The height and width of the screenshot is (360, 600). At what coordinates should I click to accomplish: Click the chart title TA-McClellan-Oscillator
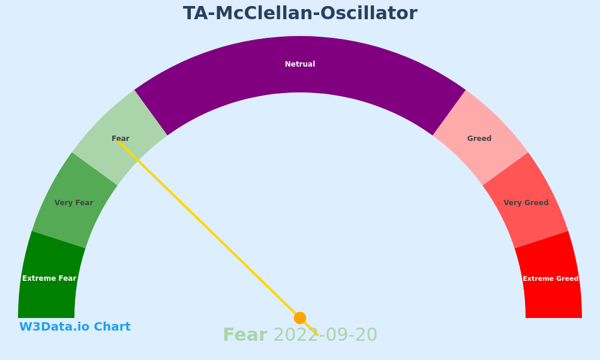[300, 13]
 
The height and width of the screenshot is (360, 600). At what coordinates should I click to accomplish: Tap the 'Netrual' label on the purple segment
[300, 64]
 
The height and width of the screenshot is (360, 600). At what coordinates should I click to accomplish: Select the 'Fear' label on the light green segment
[121, 139]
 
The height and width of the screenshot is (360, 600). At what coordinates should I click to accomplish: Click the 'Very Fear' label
[74, 203]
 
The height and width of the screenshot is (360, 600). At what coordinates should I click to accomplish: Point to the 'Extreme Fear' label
[49, 278]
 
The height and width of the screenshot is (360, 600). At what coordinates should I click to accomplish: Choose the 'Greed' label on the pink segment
[479, 139]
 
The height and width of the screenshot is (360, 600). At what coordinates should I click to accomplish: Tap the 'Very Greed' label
[526, 203]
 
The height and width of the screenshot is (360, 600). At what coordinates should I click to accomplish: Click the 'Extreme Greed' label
[551, 278]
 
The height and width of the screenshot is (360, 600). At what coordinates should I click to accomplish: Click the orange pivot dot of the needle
[300, 318]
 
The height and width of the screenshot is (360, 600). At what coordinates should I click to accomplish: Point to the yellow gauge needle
[218, 238]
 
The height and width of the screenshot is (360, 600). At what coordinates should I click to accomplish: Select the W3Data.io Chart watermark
[75, 327]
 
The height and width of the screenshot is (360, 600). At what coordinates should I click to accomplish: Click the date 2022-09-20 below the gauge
[326, 335]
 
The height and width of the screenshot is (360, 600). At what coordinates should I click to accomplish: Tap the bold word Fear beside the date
[245, 335]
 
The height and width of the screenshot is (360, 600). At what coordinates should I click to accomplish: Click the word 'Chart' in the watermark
[112, 327]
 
